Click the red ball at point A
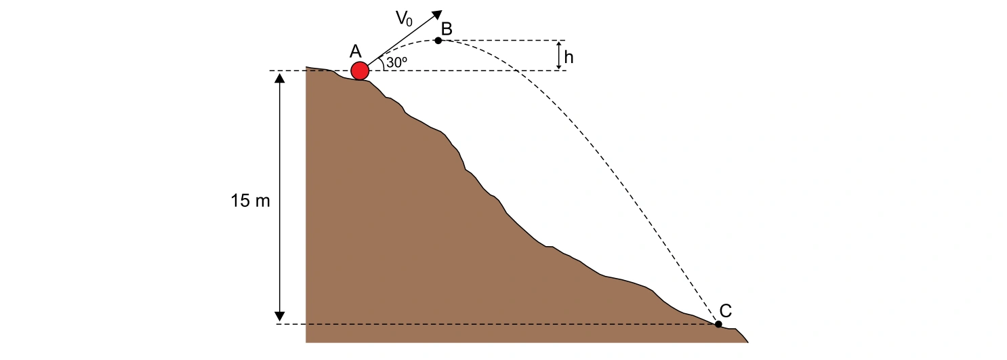coord(360,71)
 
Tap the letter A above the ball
coord(356,52)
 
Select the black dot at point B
coord(438,41)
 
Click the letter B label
coord(447,28)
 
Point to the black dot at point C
coord(718,324)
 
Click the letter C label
coord(726,311)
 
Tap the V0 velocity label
coord(404,19)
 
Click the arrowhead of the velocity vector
coord(436,14)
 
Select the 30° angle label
coord(396,62)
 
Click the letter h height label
coord(569,57)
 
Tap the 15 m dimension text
coord(251,200)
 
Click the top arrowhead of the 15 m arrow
coord(280,78)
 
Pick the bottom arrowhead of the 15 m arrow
coord(280,316)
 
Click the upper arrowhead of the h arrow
coord(558,43)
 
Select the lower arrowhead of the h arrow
coord(558,66)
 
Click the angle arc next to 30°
coord(382,64)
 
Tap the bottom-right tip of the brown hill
coord(748,342)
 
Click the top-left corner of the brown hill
coord(306,67)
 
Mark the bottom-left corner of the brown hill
coord(306,342)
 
